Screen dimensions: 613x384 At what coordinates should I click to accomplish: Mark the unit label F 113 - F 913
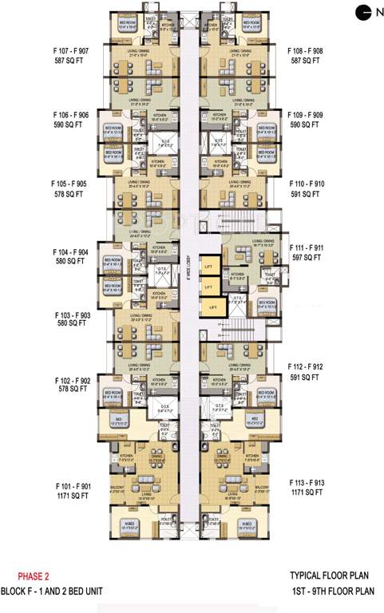pyautogui.click(x=307, y=483)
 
